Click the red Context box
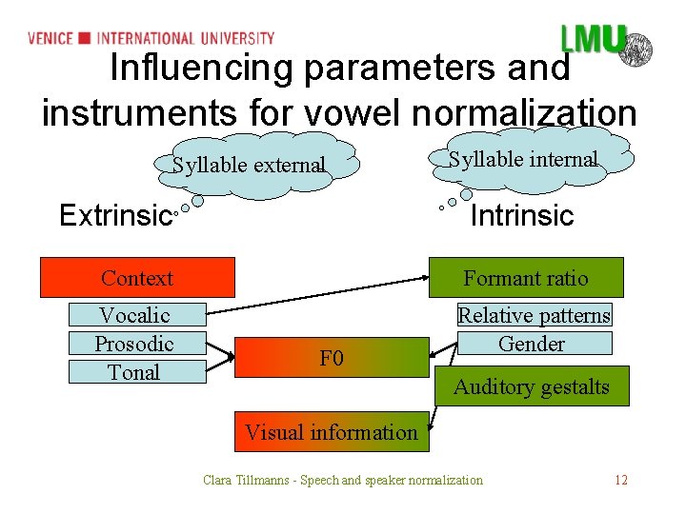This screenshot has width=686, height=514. pyautogui.click(x=136, y=278)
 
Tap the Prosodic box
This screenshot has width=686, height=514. pyautogui.click(x=134, y=344)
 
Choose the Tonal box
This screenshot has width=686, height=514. pyautogui.click(x=136, y=372)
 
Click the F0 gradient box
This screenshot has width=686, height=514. pyautogui.click(x=332, y=359)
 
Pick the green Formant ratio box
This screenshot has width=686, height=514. pyautogui.click(x=526, y=278)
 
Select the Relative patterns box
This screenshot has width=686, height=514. pyautogui.click(x=534, y=315)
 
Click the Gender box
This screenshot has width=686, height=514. pyautogui.click(x=532, y=344)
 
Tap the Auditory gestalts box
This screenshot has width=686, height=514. pyautogui.click(x=532, y=386)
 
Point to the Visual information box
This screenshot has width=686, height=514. pyautogui.click(x=332, y=432)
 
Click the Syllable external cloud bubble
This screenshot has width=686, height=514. pyautogui.click(x=249, y=165)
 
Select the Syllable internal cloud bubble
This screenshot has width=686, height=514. pyautogui.click(x=523, y=159)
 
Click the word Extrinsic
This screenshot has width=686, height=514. pyautogui.click(x=114, y=216)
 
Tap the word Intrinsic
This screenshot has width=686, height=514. pyautogui.click(x=522, y=216)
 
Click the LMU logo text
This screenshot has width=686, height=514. pyautogui.click(x=592, y=40)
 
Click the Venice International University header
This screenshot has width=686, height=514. pyautogui.click(x=151, y=38)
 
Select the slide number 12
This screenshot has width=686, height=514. pyautogui.click(x=621, y=480)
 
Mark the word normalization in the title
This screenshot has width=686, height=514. pyautogui.click(x=524, y=113)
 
